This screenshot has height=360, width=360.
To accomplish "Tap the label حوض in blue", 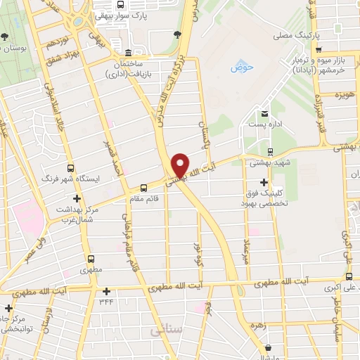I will [x=241, y=68].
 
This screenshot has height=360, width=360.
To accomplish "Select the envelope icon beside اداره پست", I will [x=265, y=113].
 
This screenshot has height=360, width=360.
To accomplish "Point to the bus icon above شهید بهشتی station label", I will [x=270, y=151].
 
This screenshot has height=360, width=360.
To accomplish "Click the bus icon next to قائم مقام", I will [x=143, y=188].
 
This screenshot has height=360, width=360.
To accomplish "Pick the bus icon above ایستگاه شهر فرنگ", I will [x=70, y=169].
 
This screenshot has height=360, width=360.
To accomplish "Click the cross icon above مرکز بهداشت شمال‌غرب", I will [x=76, y=199].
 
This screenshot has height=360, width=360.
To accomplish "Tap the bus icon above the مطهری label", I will [x=90, y=259].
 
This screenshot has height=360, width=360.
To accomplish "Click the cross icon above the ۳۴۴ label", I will [x=106, y=290].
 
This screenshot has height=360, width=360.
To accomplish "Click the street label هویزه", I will [x=342, y=95].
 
